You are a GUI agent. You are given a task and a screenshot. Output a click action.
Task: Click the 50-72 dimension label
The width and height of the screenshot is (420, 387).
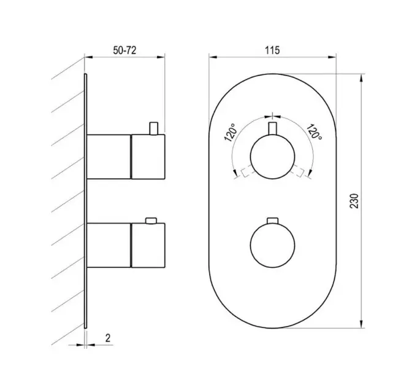124,50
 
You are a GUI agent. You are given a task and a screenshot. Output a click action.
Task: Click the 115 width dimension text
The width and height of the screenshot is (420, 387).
272,50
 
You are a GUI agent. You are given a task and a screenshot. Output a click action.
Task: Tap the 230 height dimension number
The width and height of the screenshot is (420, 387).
354,201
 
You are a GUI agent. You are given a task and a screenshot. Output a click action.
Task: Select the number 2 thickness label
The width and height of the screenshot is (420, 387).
108,338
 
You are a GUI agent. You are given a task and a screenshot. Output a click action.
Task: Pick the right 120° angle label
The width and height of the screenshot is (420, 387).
314,132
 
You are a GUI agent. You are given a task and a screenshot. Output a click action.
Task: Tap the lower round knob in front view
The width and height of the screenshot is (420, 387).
272,245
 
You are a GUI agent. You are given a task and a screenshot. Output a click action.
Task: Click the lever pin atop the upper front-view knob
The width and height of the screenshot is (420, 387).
272,128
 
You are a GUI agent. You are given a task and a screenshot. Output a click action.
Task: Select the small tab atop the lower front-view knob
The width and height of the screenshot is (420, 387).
272,221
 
